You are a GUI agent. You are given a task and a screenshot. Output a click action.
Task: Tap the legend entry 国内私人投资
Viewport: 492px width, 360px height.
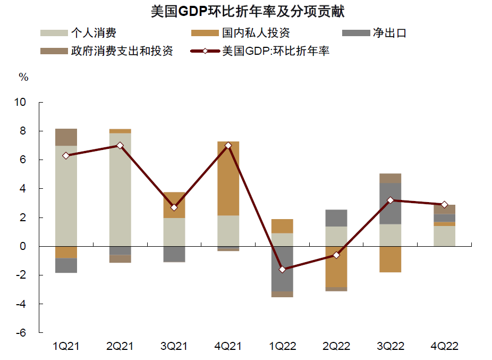point(256,33)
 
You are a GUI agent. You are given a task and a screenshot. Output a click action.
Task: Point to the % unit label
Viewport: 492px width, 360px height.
point(23,77)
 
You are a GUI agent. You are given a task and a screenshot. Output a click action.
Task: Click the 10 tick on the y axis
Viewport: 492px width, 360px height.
point(20,102)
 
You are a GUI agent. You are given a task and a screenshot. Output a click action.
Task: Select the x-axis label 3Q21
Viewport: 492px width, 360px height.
point(174,346)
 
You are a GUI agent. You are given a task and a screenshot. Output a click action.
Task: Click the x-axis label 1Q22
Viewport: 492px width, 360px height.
point(282,346)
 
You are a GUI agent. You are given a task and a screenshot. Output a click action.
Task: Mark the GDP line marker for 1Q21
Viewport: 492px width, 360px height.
point(66,156)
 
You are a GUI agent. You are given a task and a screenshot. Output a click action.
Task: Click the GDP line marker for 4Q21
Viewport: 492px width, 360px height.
point(228,146)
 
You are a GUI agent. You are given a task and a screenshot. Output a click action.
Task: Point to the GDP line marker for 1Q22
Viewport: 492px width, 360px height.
point(282,270)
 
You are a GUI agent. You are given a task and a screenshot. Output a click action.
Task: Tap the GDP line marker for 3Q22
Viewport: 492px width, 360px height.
point(391,200)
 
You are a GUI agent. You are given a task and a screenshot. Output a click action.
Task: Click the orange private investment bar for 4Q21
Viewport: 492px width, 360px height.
point(228,178)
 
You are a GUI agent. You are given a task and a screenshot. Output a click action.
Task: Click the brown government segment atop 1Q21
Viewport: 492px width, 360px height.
point(66,137)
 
